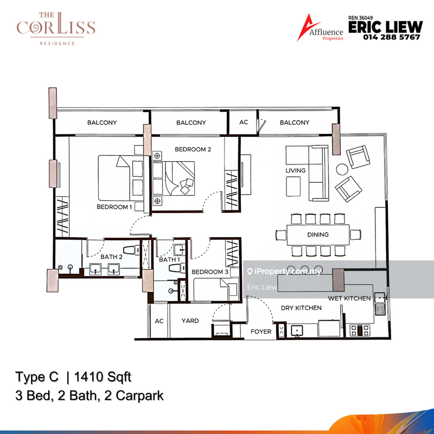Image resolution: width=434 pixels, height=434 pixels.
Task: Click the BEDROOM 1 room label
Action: click(x=114, y=207)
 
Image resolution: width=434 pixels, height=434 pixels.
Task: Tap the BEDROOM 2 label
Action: click(x=193, y=149)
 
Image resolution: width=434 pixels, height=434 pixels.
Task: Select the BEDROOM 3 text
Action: click(x=209, y=272)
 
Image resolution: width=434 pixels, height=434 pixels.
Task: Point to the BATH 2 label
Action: click(x=111, y=257)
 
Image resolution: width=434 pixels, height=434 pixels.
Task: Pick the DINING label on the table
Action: click(x=317, y=235)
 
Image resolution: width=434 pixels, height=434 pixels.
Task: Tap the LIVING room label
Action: click(x=296, y=170)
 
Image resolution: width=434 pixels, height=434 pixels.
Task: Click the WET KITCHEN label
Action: click(x=349, y=298)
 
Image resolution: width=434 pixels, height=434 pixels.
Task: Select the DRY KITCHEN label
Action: click(x=301, y=308)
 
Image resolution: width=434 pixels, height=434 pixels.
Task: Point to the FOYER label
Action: click(x=261, y=331)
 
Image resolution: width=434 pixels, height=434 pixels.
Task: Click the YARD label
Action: click(x=190, y=321)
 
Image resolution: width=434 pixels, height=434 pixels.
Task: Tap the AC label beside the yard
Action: click(x=159, y=321)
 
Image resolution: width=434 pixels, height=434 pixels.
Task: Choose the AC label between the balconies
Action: click(x=244, y=123)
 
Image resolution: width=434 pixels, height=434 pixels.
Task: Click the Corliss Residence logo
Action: click(x=56, y=29)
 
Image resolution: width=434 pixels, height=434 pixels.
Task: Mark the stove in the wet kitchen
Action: click(x=359, y=328)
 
